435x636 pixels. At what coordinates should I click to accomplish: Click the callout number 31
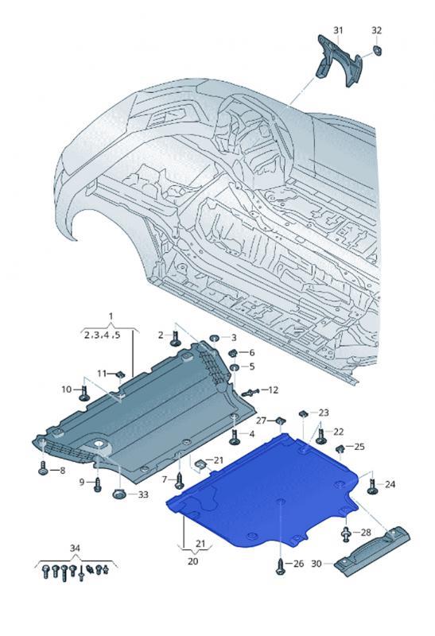[338, 30]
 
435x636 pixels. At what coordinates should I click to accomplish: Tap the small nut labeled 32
[378, 51]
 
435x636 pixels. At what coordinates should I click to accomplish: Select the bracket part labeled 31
[338, 61]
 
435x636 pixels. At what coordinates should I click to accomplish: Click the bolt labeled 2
[175, 339]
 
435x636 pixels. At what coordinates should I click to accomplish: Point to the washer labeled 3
[214, 338]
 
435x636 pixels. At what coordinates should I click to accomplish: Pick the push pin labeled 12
[251, 392]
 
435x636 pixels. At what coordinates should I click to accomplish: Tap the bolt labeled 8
[43, 467]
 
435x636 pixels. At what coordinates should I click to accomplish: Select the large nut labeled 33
[119, 494]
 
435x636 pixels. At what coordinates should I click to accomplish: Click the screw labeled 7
[180, 481]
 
